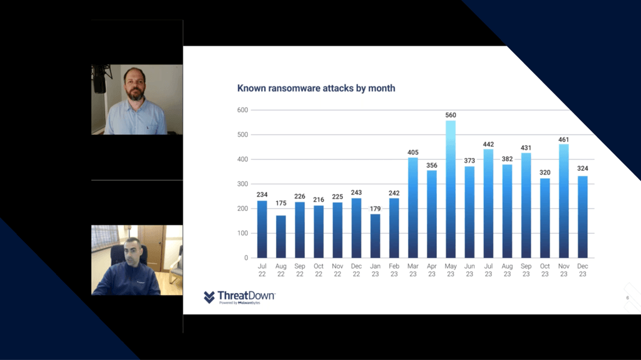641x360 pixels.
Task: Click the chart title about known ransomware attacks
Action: [316, 88]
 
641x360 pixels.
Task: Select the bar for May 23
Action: [451, 189]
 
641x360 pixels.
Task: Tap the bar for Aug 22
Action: [281, 237]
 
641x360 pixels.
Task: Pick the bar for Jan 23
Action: [376, 236]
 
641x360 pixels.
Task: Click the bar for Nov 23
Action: [564, 201]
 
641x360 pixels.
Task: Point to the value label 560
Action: [451, 115]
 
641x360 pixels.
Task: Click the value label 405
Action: [413, 153]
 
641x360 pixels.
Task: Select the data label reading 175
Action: [281, 203]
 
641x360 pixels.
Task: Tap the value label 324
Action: [583, 168]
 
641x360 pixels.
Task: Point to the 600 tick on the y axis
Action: [242, 110]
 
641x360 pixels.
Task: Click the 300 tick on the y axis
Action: [242, 184]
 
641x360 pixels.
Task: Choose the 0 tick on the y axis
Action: [246, 258]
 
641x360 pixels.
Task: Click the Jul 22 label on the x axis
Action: [262, 270]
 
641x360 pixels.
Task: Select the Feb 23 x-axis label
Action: [394, 270]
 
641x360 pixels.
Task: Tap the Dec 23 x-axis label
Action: [583, 270]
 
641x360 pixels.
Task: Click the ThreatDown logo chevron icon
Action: [209, 297]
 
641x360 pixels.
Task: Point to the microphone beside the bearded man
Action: [100, 80]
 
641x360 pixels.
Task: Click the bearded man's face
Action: [135, 86]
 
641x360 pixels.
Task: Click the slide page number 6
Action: [627, 298]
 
